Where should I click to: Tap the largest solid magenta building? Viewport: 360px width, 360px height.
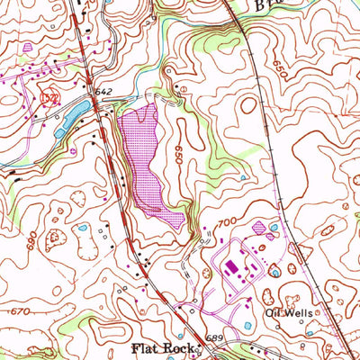point(229,266)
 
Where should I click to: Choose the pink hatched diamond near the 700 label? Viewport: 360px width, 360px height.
point(260,228)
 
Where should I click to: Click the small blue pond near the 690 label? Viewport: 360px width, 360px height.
point(83,229)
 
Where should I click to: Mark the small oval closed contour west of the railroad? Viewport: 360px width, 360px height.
point(247,105)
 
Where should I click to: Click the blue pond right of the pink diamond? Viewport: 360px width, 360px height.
point(273,229)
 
